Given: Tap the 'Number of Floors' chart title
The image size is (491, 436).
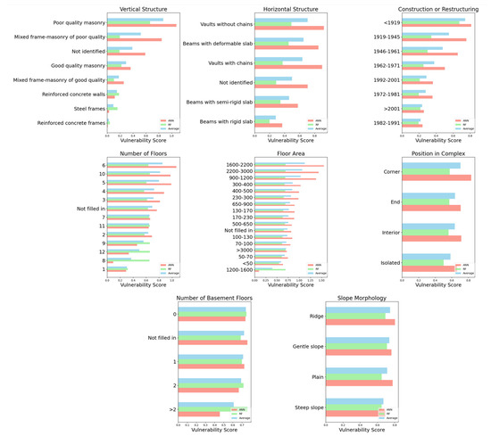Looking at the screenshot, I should [x=141, y=154].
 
